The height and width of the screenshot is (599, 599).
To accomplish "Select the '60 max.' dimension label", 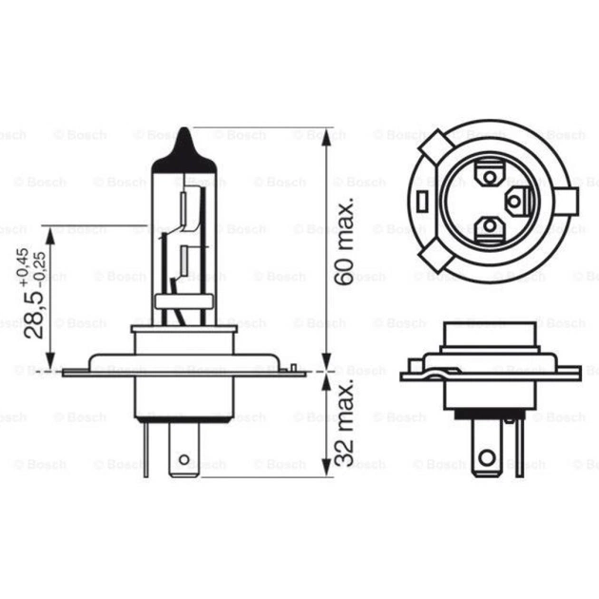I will (345, 242).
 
